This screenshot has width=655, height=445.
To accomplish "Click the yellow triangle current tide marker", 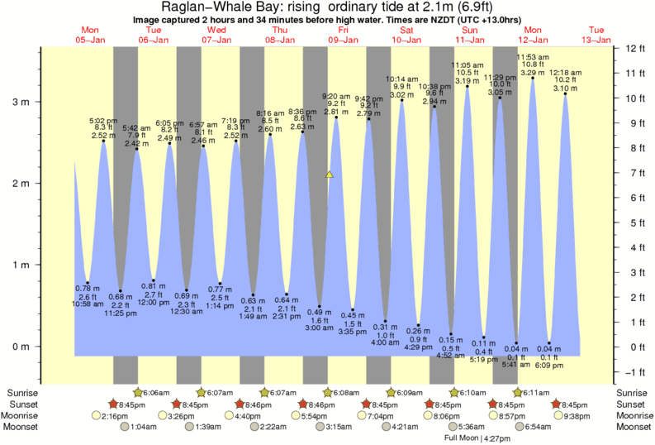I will click(330, 175).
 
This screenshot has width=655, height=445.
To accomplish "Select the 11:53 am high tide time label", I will click(533, 56).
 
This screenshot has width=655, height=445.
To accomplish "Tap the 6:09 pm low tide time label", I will click(549, 364).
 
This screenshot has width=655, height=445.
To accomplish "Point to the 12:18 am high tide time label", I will click(565, 72).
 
